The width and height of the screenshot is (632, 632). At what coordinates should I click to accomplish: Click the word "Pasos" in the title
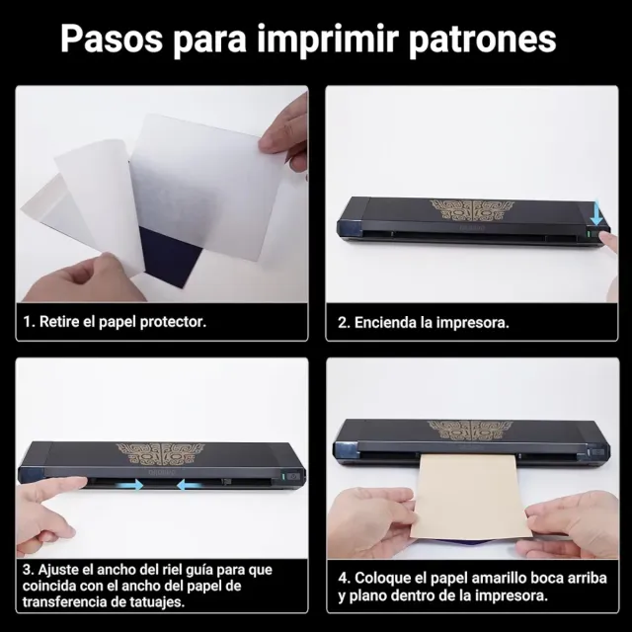tap(112, 39)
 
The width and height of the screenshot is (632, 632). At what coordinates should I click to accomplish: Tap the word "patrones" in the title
tap(483, 40)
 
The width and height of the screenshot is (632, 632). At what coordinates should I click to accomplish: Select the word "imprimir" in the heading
tap(328, 40)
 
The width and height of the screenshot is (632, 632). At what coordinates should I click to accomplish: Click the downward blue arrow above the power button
tap(596, 213)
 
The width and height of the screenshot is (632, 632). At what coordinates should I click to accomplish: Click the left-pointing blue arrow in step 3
tap(189, 485)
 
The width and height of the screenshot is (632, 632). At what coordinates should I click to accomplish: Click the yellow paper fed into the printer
tap(470, 496)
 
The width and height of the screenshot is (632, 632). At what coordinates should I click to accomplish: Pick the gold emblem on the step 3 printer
tap(160, 454)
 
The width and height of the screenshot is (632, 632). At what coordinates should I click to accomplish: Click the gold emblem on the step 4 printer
tap(470, 431)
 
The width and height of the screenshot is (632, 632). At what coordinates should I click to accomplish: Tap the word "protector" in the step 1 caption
tap(173, 322)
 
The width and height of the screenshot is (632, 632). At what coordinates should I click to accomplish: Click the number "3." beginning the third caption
tap(29, 570)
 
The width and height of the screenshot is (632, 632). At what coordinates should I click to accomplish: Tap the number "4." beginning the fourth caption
tap(345, 578)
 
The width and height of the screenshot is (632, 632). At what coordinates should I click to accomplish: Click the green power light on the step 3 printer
tap(283, 476)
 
